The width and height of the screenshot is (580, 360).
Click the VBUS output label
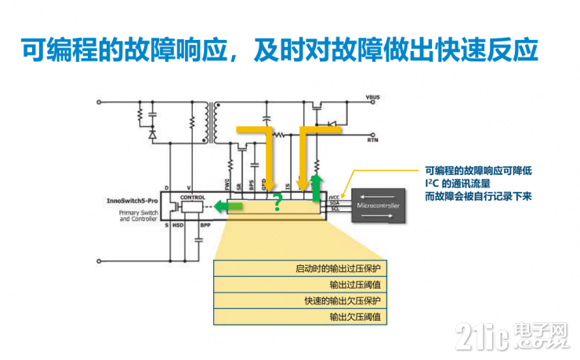pyautogui.click(x=372, y=100)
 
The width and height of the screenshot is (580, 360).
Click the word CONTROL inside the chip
pyautogui.click(x=192, y=198)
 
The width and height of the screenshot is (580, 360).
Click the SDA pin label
pyautogui.click(x=335, y=204)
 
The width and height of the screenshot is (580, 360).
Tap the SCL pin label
pyautogui.click(x=335, y=209)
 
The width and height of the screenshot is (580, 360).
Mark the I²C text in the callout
pyautogui.click(x=432, y=183)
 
